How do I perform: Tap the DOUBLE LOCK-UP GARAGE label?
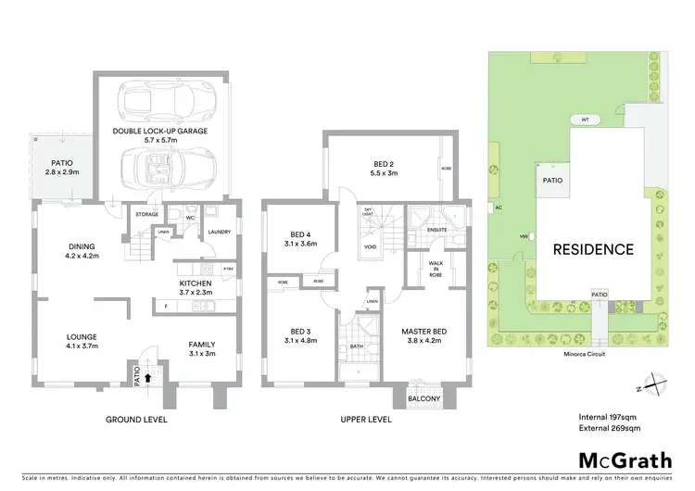click(x=159, y=131)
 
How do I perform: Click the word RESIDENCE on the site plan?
click(x=593, y=249)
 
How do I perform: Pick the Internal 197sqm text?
click(x=603, y=417)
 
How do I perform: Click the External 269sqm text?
click(x=603, y=428)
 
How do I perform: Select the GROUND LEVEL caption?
click(x=136, y=420)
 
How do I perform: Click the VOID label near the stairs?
click(x=371, y=247)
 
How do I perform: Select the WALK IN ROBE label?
click(x=436, y=269)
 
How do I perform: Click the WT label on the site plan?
click(x=585, y=120)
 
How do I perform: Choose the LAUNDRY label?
click(x=219, y=232)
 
